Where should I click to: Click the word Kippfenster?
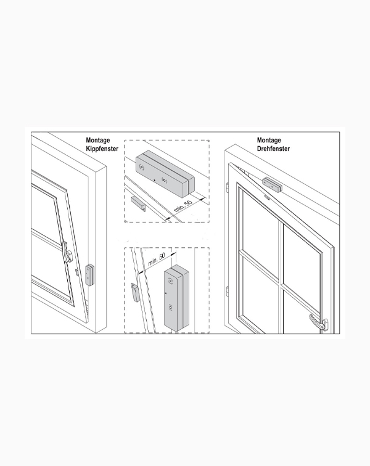click(x=102, y=149)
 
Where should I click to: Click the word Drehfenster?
click(x=273, y=149)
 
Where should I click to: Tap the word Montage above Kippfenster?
click(x=98, y=140)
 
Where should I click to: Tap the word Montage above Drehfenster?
click(x=269, y=140)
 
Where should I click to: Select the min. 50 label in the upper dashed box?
click(x=183, y=206)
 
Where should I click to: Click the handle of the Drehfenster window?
click(x=319, y=322)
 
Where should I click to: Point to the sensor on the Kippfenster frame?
click(x=89, y=275)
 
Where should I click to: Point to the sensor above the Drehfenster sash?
click(x=272, y=184)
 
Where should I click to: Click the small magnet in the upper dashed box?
click(x=138, y=204)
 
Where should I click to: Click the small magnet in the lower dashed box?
click(x=135, y=292)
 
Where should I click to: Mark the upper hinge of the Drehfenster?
click(x=228, y=188)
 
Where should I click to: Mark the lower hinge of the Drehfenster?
click(x=228, y=292)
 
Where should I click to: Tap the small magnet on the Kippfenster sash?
click(x=77, y=272)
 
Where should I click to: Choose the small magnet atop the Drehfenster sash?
click(x=266, y=197)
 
